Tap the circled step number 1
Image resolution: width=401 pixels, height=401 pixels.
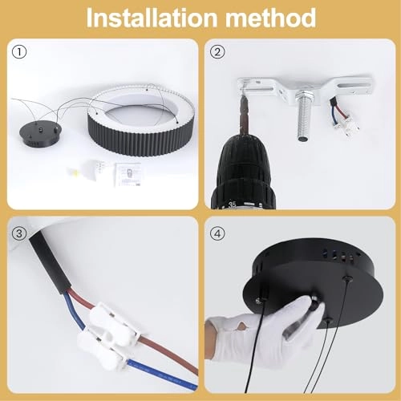point(19,53)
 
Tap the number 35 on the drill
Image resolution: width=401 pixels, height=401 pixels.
point(232,203)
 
